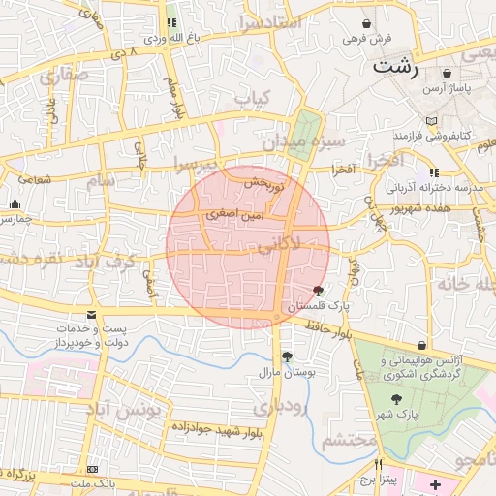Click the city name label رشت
coord(396,68)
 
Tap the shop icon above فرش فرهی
coord(366,23)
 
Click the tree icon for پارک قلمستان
coord(319,291)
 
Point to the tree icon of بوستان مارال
coord(287,356)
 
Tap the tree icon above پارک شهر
coord(396,398)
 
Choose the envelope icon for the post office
coord(91,316)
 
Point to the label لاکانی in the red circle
coord(279,248)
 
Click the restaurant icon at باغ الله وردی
coord(171,23)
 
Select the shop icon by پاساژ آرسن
coord(446,73)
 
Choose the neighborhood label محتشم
coord(348,441)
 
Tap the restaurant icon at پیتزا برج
coord(378,463)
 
